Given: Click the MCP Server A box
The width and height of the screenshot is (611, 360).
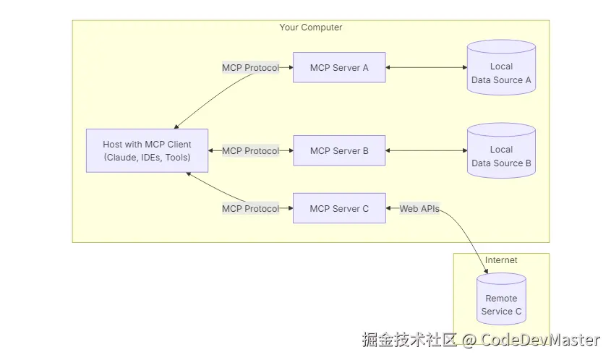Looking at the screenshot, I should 339,68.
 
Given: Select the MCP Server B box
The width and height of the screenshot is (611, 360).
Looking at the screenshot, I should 339,151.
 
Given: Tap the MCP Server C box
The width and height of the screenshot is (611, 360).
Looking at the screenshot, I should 339,209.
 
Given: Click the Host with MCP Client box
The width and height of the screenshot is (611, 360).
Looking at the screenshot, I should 147,151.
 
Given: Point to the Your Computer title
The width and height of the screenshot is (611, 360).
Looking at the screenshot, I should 311,27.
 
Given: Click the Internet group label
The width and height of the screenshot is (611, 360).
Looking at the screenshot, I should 501,260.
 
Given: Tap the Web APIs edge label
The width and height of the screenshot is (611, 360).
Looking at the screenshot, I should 419,209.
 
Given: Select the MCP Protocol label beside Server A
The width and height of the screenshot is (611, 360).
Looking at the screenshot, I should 250,68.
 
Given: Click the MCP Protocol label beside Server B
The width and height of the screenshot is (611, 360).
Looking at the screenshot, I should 250,151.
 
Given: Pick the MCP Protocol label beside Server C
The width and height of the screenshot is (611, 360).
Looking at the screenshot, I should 250,209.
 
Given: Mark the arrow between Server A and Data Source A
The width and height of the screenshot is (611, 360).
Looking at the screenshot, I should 427,68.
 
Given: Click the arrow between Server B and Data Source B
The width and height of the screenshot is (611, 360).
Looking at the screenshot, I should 427,151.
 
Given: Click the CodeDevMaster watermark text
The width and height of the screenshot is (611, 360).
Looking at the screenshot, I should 541,340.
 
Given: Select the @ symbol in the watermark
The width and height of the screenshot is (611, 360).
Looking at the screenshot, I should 469,340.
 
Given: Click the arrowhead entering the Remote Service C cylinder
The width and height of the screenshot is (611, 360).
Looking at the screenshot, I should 485,271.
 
